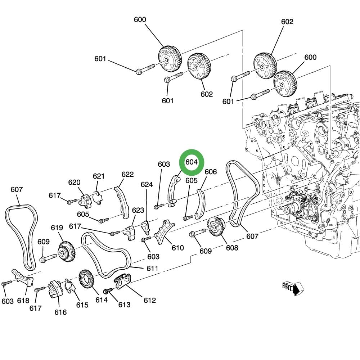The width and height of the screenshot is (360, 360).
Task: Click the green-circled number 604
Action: click(192, 162)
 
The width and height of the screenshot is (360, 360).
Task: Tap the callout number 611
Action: click(152, 269)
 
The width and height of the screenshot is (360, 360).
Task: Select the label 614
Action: click(102, 300)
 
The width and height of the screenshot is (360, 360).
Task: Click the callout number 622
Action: click(127, 174)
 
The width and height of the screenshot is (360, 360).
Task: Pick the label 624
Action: click(147, 185)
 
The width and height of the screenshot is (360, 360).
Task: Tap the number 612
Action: click(150, 300)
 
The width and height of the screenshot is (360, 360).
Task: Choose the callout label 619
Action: click(57, 228)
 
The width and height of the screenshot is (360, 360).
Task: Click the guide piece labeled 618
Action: click(22, 278)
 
